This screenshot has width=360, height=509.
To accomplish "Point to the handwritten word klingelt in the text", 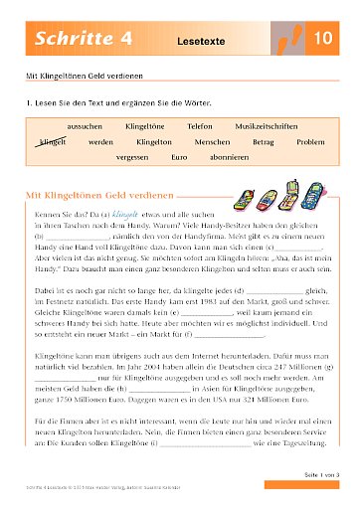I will pyautogui.click(x=123, y=211).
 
